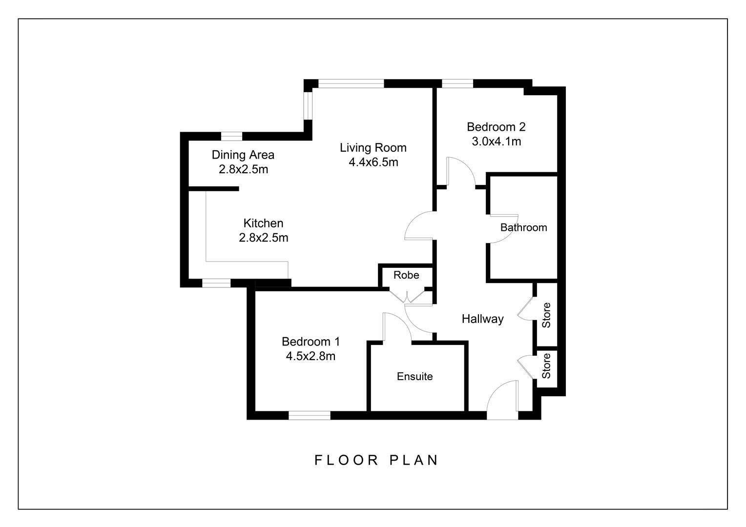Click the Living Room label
click(x=373, y=147)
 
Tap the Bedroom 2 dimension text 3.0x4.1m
click(x=496, y=142)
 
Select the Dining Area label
click(x=243, y=155)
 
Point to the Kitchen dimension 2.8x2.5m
click(x=263, y=238)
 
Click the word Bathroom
click(x=523, y=227)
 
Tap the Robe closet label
click(x=406, y=275)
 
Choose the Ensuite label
click(x=414, y=376)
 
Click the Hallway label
click(x=482, y=319)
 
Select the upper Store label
click(x=546, y=315)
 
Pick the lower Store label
click(x=546, y=366)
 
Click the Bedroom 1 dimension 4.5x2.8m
click(x=311, y=356)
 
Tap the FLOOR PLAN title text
click(x=376, y=460)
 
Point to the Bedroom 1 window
click(x=310, y=415)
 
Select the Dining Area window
click(x=231, y=136)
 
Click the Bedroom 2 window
click(x=457, y=83)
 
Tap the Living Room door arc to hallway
click(x=419, y=225)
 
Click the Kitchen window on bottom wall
click(x=216, y=283)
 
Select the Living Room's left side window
click(x=308, y=105)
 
